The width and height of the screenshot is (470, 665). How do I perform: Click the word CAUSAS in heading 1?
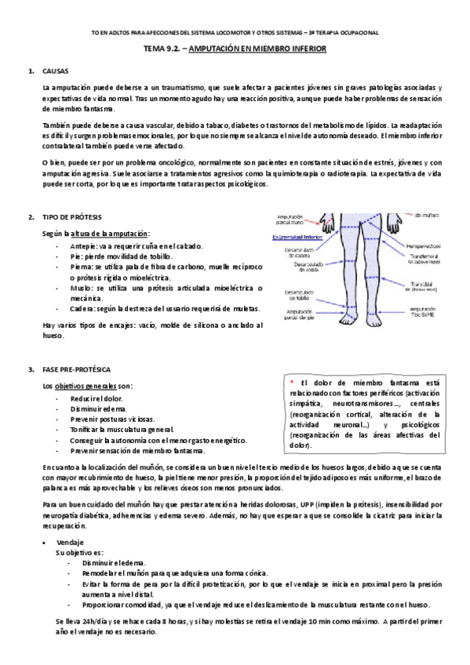pos(56,71)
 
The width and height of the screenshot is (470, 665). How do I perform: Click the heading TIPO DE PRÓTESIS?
pos(72,216)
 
